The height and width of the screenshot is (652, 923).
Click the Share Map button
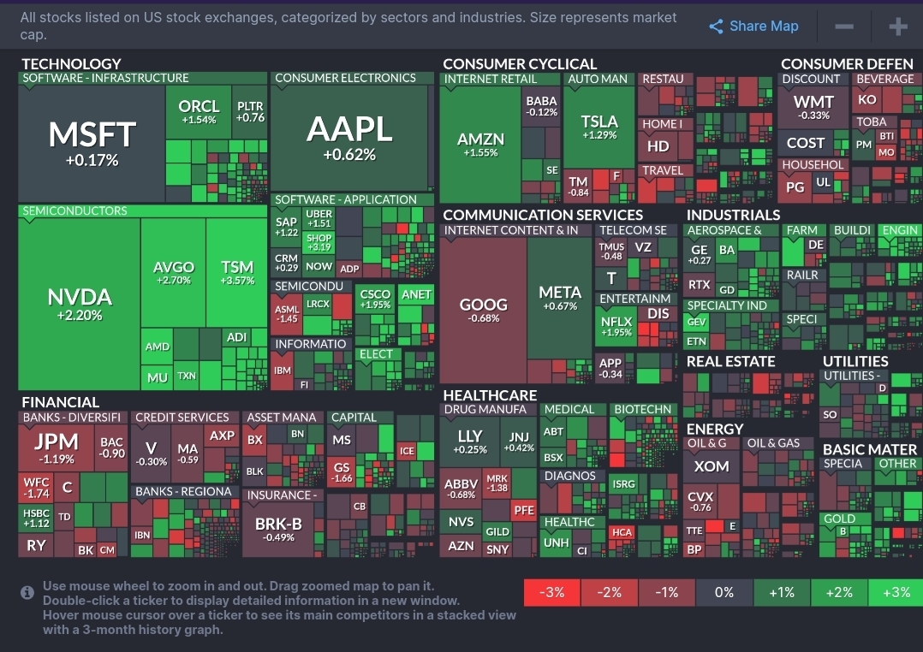tap(754, 27)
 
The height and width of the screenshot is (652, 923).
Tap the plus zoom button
tap(897, 27)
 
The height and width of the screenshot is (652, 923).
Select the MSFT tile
tap(92, 141)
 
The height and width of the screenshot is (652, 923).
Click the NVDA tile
tap(80, 304)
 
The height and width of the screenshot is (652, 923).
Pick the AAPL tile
tap(349, 137)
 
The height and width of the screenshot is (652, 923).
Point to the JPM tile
tap(57, 448)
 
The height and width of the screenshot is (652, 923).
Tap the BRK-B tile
tap(278, 529)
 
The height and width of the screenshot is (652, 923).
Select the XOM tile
tap(712, 467)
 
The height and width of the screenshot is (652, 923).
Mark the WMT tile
tap(813, 107)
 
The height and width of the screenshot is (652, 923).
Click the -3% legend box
tap(552, 592)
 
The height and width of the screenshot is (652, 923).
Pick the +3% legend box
tap(895, 592)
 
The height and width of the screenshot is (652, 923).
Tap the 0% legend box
tap(724, 592)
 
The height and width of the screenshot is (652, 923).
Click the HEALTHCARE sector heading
tap(490, 395)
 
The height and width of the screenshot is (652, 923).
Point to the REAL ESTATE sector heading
tap(730, 361)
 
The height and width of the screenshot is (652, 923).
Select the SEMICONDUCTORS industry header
tap(74, 211)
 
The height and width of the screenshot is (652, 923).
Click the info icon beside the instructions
tap(27, 592)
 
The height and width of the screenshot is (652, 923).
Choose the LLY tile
tap(470, 440)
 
